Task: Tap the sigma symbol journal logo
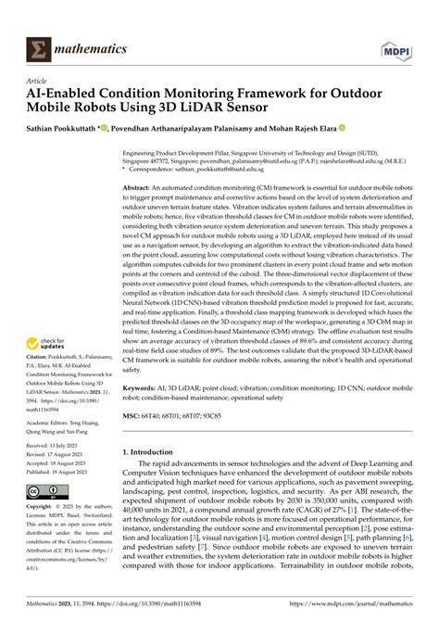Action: [37, 46]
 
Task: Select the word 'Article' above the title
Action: [35, 81]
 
